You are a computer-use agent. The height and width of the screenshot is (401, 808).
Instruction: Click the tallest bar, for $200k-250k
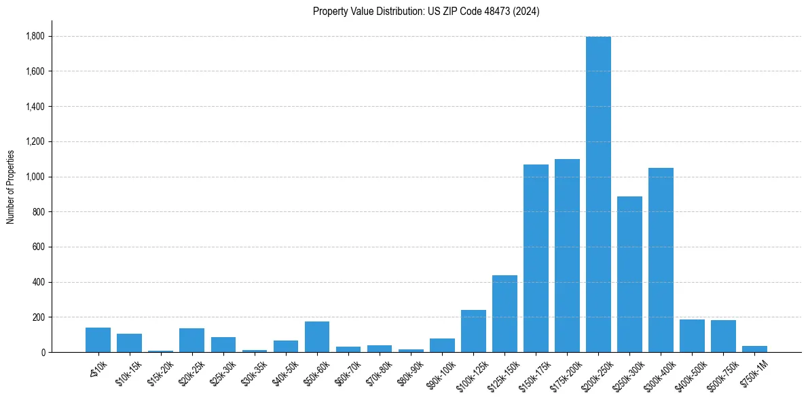click(598, 194)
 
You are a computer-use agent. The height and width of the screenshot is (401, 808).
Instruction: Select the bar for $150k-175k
click(536, 258)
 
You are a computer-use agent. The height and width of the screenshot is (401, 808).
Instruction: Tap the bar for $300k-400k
click(661, 260)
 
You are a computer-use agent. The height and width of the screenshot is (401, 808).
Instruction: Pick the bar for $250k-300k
click(629, 274)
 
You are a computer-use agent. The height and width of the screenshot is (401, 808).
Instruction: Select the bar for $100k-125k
click(473, 331)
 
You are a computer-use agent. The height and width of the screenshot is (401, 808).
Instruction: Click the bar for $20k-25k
click(192, 340)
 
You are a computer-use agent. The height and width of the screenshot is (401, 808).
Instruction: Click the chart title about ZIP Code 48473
click(426, 12)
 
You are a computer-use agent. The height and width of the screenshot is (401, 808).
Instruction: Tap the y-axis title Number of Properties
click(11, 187)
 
